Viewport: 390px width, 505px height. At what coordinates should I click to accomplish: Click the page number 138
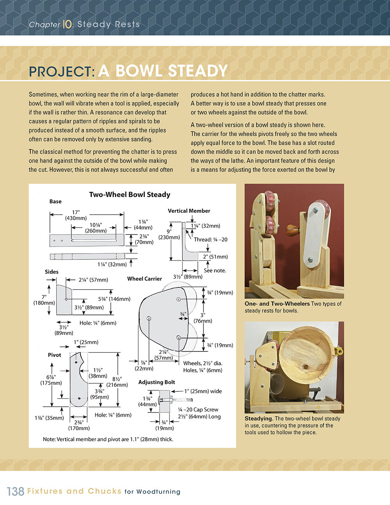pyautogui.click(x=16, y=491)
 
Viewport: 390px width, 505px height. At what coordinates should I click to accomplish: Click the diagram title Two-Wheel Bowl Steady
pyautogui.click(x=129, y=195)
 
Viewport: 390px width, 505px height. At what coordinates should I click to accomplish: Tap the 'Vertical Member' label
pyautogui.click(x=189, y=211)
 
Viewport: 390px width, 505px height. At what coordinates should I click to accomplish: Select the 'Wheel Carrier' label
pyautogui.click(x=144, y=279)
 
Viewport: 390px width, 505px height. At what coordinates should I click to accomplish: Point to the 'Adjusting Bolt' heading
pyautogui.click(x=156, y=382)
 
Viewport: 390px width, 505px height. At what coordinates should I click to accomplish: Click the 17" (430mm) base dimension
pyautogui.click(x=76, y=215)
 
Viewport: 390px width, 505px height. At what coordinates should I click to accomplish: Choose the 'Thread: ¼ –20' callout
pyautogui.click(x=210, y=240)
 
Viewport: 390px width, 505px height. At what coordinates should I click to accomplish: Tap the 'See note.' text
pyautogui.click(x=215, y=270)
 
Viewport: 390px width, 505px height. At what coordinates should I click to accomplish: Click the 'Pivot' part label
pyautogui.click(x=55, y=355)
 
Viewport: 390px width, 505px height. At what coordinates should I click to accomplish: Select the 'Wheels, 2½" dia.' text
pyautogui.click(x=203, y=363)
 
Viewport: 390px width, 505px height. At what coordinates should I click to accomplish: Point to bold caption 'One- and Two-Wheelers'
pyautogui.click(x=277, y=304)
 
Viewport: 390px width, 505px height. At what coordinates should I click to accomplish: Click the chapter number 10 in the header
pyautogui.click(x=67, y=24)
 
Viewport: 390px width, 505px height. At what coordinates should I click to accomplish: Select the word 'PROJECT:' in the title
pyautogui.click(x=62, y=71)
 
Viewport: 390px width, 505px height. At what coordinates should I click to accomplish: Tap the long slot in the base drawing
pyautogui.click(x=94, y=240)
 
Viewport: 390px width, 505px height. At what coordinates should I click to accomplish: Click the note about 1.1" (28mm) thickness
pyautogui.click(x=108, y=439)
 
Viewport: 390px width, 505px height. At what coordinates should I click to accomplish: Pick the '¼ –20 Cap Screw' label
pyautogui.click(x=198, y=409)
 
